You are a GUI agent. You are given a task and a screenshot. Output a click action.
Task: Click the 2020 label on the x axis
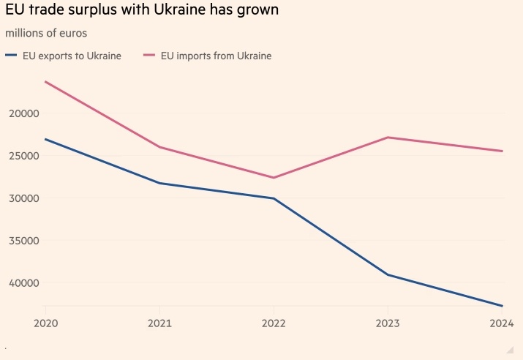[45, 323]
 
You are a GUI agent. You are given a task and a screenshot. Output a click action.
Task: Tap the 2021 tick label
[159, 323]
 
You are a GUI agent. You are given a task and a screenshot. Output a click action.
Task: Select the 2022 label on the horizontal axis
[274, 323]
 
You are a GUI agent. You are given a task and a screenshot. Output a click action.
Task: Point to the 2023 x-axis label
[388, 323]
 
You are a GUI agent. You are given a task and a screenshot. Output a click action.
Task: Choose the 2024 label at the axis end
[502, 323]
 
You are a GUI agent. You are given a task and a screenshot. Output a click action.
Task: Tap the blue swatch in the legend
[10, 56]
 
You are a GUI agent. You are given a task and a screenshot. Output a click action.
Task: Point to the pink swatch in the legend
[150, 56]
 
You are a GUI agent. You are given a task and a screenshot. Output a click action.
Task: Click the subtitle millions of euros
[45, 34]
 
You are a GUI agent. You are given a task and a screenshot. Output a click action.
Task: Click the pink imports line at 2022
[274, 178]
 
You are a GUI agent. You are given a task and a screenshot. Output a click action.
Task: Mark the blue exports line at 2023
[388, 275]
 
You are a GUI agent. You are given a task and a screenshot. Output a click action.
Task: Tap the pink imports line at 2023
[388, 138]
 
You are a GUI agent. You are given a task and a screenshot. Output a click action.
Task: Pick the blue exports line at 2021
[159, 183]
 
